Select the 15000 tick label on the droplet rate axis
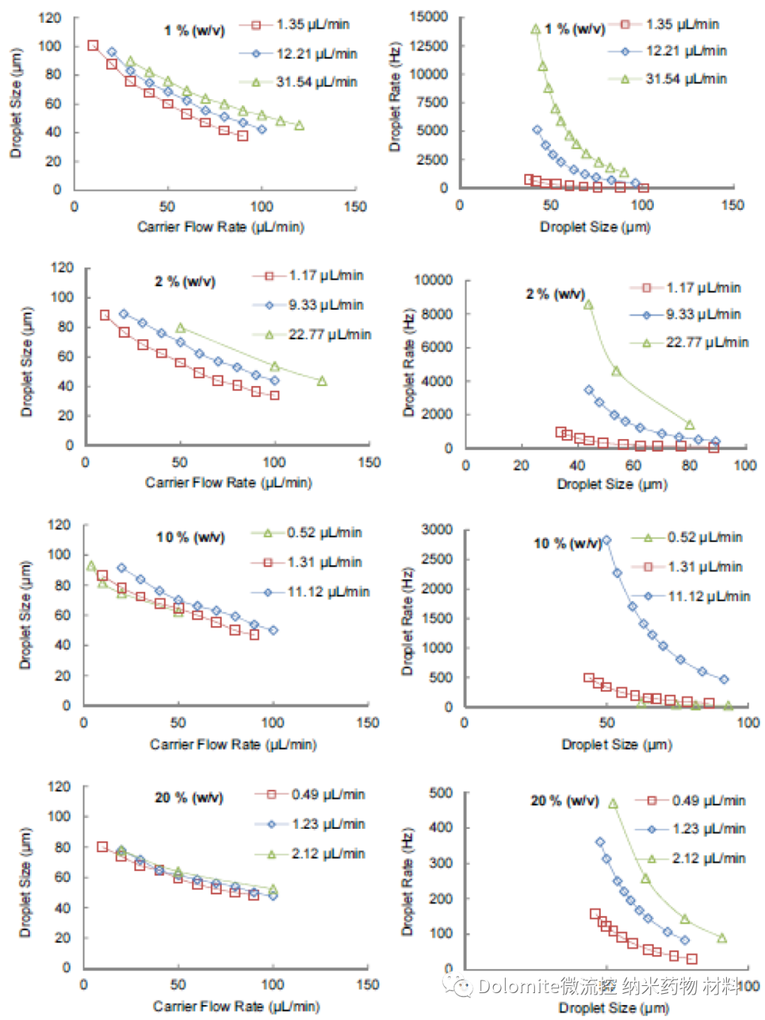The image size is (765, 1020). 429,16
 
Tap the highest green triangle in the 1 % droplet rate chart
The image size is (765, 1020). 535,29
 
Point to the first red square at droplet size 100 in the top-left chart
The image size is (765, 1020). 93,46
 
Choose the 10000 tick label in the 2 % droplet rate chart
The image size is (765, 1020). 433,280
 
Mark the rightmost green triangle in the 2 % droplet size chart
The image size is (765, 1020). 322,381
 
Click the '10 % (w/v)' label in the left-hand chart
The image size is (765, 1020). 190,538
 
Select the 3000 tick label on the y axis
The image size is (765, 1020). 437,530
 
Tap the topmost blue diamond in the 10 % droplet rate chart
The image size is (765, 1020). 606,540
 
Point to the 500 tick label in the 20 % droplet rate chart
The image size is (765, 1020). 441,793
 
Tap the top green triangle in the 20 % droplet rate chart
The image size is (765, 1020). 613,804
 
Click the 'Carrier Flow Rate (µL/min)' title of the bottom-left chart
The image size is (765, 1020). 236,1007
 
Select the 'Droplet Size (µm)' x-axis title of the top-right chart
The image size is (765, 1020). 595,227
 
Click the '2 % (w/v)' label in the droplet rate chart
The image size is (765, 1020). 555,294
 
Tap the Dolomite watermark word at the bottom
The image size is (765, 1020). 518,986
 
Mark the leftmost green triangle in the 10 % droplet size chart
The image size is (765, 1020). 91,566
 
